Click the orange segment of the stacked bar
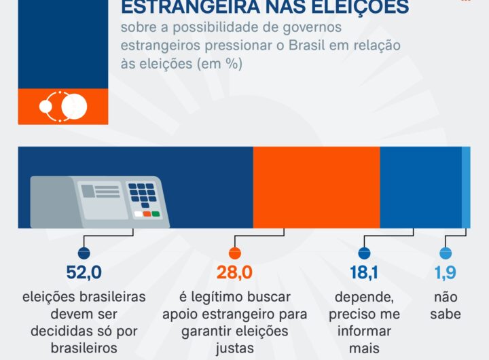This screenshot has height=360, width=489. [x=316, y=187]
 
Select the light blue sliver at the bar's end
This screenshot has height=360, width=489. [x=466, y=187]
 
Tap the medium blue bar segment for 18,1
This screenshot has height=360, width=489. [x=420, y=187]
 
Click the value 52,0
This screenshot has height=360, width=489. [x=84, y=273]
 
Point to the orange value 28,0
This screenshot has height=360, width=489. [x=234, y=273]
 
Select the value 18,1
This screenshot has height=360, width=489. [x=363, y=273]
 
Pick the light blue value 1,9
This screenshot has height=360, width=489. [x=445, y=273]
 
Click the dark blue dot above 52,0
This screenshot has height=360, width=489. [x=84, y=253]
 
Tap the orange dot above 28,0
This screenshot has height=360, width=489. [x=234, y=253]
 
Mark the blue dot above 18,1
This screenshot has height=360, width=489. [x=364, y=253]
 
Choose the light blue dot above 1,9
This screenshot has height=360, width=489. [x=445, y=253]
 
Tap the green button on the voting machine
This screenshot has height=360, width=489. [x=156, y=214]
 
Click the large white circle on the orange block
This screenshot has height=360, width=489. [x=74, y=106]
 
